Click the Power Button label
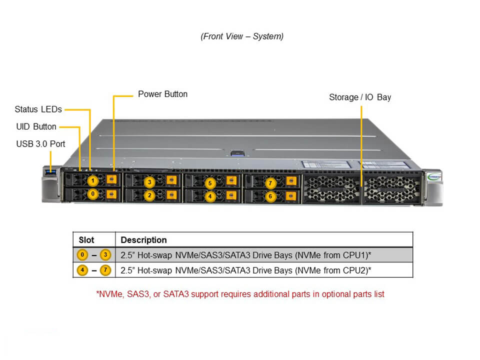coord(162,94)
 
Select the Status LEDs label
coord(38,109)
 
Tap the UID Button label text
coord(36,126)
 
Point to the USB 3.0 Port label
coord(40,144)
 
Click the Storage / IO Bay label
coord(360,97)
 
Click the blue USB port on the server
coord(51,172)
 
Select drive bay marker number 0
coord(92,193)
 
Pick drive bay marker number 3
coord(149,182)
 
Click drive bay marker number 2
coord(149,195)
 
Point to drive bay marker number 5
coord(210,183)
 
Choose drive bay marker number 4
coord(210,196)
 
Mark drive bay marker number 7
coord(270,183)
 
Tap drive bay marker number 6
coord(270,196)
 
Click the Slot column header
coord(86,240)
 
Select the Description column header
coord(143,240)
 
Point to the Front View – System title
coord(242,36)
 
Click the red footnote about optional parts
coord(240,294)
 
